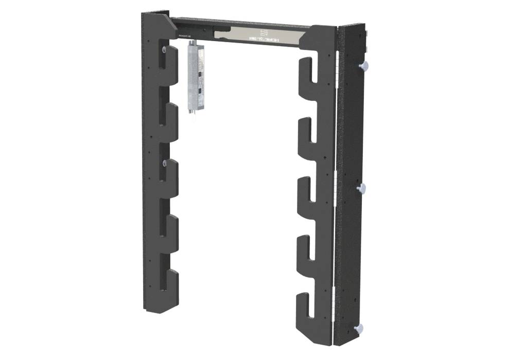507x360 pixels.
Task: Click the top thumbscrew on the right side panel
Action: (367, 65)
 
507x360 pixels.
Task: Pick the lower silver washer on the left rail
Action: (164, 164)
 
